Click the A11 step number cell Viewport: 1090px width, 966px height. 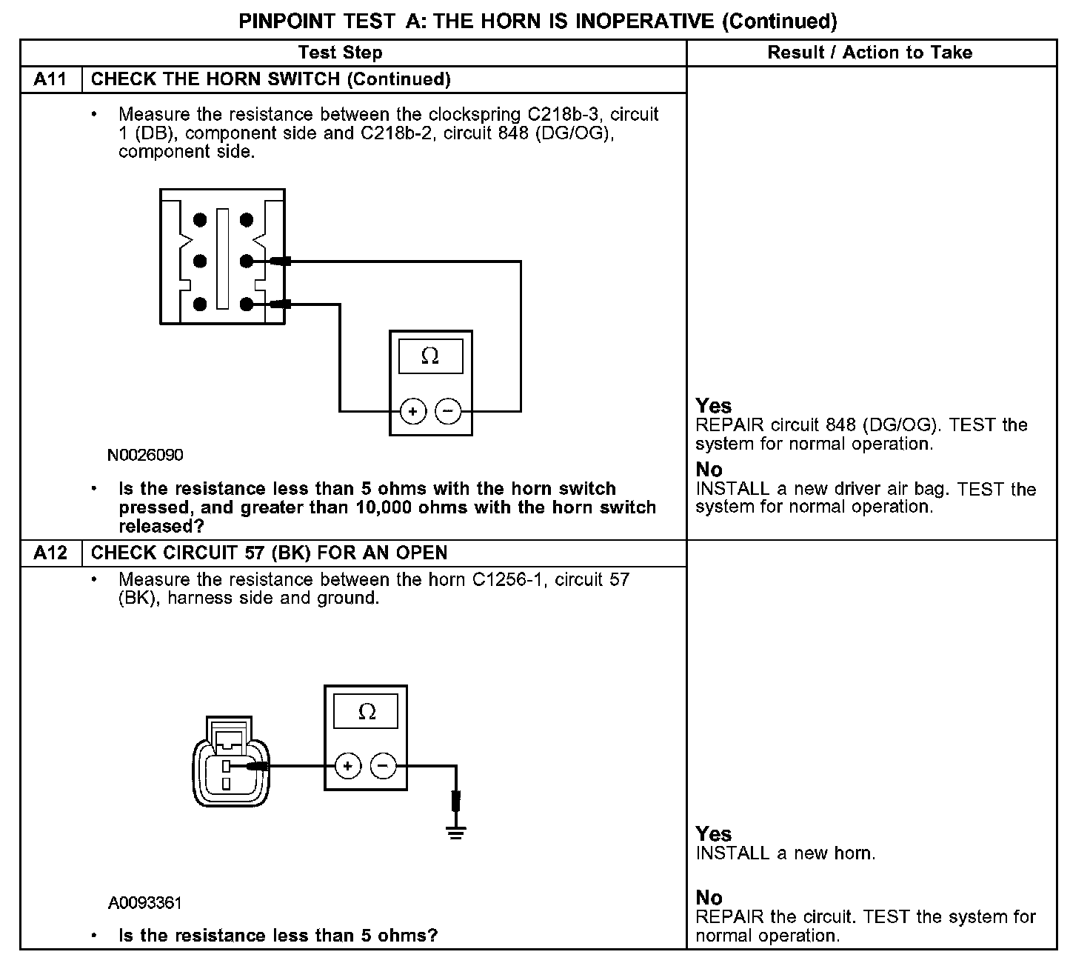[x=50, y=79]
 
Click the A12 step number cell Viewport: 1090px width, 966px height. [x=50, y=553]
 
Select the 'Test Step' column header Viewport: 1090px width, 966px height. [x=340, y=53]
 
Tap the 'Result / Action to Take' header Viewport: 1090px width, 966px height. [x=870, y=53]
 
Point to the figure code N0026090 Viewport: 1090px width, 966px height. [x=145, y=455]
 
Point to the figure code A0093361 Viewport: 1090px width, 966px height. [x=145, y=903]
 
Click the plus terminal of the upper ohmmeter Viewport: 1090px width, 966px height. [x=413, y=411]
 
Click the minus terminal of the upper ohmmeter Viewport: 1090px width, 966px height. [x=448, y=411]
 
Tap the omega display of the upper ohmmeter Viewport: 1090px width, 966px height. [x=430, y=356]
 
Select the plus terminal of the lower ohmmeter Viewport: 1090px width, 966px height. [x=348, y=766]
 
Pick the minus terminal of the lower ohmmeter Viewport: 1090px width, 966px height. [x=383, y=766]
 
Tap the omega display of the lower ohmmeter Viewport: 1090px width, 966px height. [x=366, y=712]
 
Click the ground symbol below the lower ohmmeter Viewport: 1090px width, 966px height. [x=455, y=833]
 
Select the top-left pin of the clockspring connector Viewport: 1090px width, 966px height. [x=200, y=219]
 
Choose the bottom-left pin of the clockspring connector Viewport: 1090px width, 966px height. [x=200, y=304]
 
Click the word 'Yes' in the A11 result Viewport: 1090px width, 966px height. [x=714, y=406]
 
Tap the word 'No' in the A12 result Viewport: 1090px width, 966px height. [x=709, y=898]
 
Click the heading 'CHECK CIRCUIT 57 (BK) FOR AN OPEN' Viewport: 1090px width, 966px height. [x=269, y=553]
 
